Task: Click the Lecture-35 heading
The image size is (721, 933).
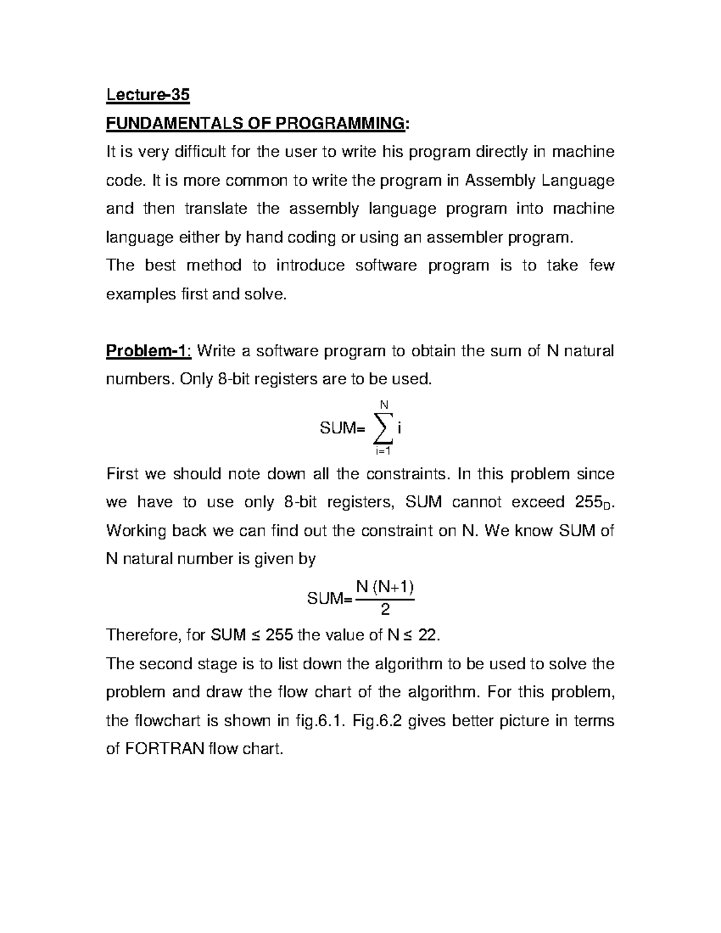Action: click(148, 95)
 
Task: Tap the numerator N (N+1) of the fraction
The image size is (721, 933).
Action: click(385, 587)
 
